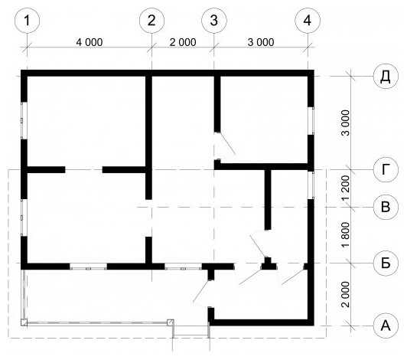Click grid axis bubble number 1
point(28,20)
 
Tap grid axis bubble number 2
point(151,20)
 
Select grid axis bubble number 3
point(214,20)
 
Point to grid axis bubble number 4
point(308,20)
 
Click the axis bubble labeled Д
point(386,76)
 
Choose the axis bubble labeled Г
point(386,170)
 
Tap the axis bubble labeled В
point(386,207)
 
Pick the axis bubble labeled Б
point(386,263)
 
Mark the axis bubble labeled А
point(386,326)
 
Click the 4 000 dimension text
point(90,42)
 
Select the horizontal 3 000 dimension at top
point(261,42)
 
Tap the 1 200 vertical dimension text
point(346,188)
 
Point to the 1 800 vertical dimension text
point(346,235)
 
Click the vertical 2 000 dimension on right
point(346,294)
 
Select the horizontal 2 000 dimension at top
point(183,42)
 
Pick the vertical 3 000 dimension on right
point(346,123)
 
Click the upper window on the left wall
point(24,120)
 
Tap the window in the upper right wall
point(311,120)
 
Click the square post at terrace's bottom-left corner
point(24,322)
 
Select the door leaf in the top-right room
point(227,143)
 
